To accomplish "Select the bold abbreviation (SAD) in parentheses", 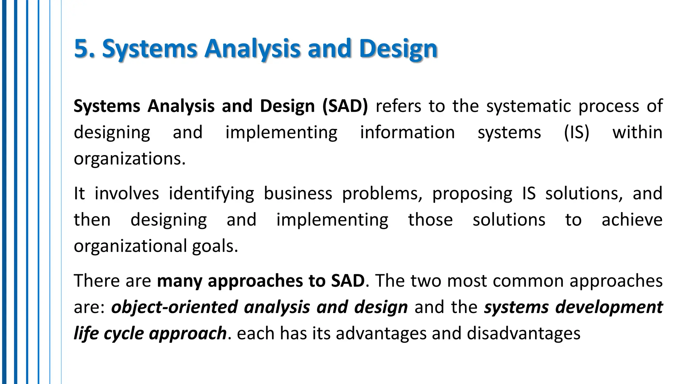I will (345, 106).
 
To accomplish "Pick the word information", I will (407, 132).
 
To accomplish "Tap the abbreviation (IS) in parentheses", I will (576, 132).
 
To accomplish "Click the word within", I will (637, 132).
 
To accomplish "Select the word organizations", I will (129, 159).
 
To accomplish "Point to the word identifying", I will (211, 194).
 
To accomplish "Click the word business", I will (298, 194).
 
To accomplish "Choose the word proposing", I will (472, 194).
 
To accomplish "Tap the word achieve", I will (632, 220).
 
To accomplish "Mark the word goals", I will (215, 246).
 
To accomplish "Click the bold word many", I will (179, 281).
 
